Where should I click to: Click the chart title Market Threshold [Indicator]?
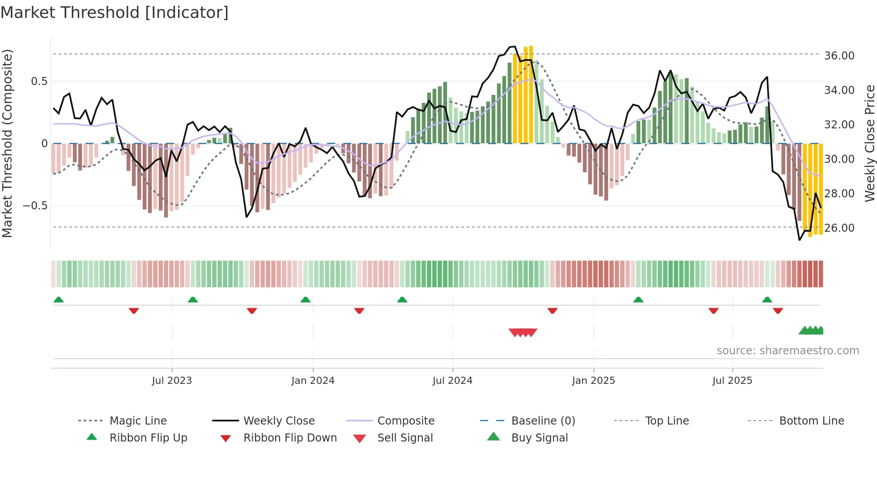tap(115, 13)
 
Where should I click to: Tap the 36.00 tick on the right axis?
tap(839, 56)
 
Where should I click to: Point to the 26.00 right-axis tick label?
tap(839, 228)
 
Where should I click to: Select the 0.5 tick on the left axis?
tap(39, 81)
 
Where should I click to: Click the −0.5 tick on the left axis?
tap(35, 206)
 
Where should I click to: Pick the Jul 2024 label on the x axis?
tap(452, 381)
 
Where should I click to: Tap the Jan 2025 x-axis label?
tap(593, 381)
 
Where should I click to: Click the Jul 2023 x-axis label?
tap(172, 381)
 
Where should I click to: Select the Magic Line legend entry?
tap(138, 421)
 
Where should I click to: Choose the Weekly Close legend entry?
tap(279, 421)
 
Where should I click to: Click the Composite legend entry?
tap(406, 421)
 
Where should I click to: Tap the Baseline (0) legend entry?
tap(543, 421)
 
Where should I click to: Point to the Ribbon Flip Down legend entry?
tap(290, 438)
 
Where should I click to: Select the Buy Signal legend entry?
tap(539, 438)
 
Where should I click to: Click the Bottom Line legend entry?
tap(811, 421)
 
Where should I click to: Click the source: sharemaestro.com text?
tap(788, 351)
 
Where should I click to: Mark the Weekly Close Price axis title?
tap(869, 143)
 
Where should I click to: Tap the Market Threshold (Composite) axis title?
tap(7, 143)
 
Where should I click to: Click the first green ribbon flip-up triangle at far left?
tap(59, 300)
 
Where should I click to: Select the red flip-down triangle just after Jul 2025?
tap(778, 310)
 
